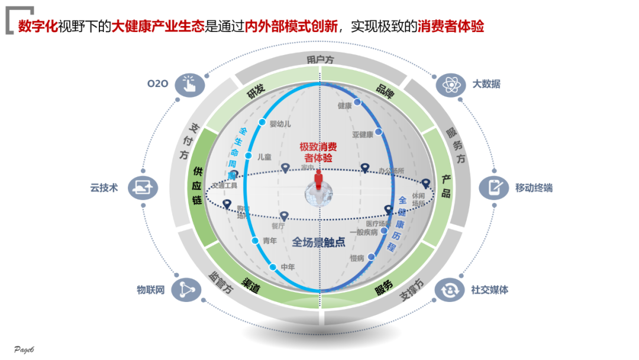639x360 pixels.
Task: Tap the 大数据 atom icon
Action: (450, 84)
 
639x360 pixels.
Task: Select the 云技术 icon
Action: (143, 188)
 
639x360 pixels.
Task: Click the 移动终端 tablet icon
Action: (493, 188)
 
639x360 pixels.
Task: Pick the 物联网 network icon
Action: (185, 290)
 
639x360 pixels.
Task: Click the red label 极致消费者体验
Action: (318, 152)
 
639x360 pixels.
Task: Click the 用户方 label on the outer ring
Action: (320, 60)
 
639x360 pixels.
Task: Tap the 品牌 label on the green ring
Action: (385, 89)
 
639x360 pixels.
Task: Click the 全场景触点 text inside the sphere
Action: (318, 242)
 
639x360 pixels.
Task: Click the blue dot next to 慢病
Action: (371, 257)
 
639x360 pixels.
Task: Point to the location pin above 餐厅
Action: (284, 216)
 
